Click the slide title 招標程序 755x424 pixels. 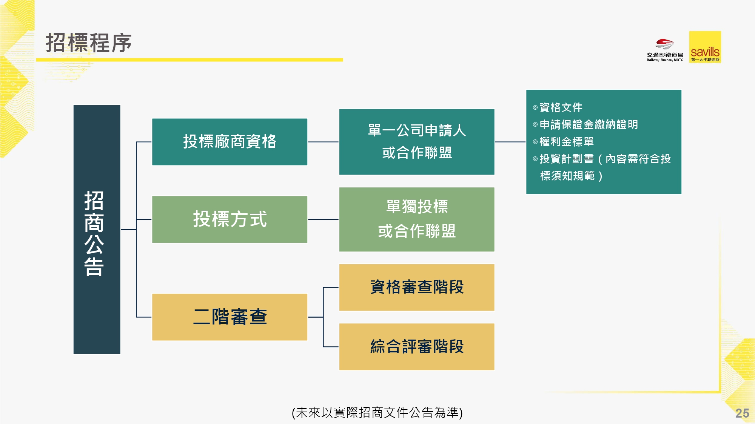pos(89,43)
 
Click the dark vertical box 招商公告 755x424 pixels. pos(97,229)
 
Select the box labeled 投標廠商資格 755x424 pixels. pos(230,142)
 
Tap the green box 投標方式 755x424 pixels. pos(230,219)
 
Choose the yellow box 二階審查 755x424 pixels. pos(230,317)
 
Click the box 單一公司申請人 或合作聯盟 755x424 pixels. pos(417,142)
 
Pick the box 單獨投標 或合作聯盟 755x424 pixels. pos(417,219)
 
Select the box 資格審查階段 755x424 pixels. pos(417,287)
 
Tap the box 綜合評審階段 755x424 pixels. pos(417,347)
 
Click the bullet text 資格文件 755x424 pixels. pos(561,107)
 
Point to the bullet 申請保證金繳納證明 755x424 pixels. pos(589,124)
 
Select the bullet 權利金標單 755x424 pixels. pos(566,142)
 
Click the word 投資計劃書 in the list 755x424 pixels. pos(566,159)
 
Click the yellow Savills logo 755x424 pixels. pos(705,47)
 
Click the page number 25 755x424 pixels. pos(742,413)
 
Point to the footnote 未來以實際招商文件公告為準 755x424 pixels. pos(377,412)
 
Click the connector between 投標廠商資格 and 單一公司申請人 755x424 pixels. pos(323,142)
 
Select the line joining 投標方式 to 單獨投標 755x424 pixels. pos(323,219)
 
